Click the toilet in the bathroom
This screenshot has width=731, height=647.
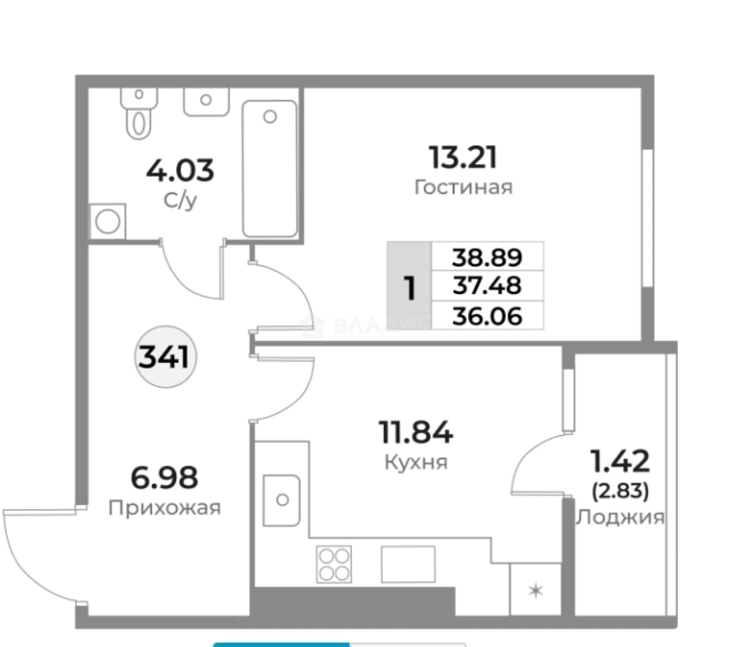click(139, 113)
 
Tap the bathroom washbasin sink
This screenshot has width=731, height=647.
click(206, 102)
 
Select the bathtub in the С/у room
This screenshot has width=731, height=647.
click(270, 168)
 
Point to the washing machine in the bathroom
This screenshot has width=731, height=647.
click(108, 221)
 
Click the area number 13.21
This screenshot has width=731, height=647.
click(463, 157)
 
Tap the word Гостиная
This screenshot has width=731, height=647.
click(463, 188)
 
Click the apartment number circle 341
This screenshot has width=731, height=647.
click(165, 356)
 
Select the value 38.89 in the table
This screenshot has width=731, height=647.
click(487, 258)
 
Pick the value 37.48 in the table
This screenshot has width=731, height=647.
click(487, 285)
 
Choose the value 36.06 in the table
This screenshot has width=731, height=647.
click(487, 316)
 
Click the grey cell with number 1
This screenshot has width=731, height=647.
click(409, 285)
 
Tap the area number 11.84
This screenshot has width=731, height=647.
click(415, 432)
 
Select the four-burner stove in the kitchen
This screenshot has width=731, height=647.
click(333, 564)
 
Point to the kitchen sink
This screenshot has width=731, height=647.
click(281, 500)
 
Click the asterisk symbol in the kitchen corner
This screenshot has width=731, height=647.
click(535, 591)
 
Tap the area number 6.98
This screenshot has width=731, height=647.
click(164, 477)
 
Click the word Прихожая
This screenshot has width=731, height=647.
click(165, 508)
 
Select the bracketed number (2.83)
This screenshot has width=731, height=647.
click(620, 491)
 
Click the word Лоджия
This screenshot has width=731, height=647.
click(620, 517)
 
